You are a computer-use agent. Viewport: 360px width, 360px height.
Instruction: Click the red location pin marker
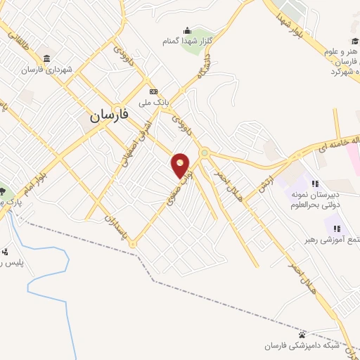(x=181, y=165)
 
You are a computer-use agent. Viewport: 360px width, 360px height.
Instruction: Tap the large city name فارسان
(x=110, y=116)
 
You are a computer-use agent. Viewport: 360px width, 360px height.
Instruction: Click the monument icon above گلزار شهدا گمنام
(x=187, y=30)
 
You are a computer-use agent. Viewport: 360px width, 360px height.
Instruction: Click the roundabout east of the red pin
(x=204, y=153)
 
